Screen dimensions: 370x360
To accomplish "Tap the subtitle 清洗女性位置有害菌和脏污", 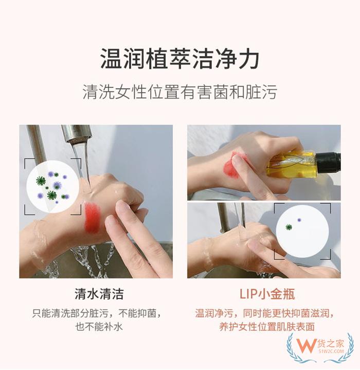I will coord(179,92).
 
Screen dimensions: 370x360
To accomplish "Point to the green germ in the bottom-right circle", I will coord(289,227).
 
